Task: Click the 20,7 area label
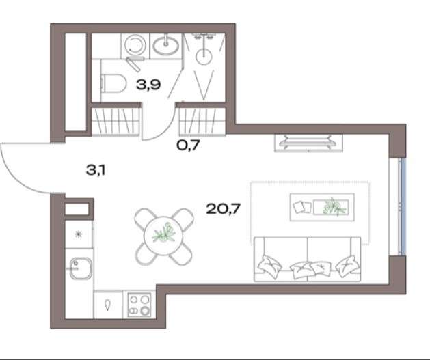pos(223,209)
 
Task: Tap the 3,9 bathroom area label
pos(148,85)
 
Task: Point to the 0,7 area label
pos(188,146)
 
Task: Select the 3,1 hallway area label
pos(96,170)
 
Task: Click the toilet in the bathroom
pos(113,83)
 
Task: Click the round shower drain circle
pos(204,57)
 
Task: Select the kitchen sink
pos(80,268)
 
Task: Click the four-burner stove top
pos(139,305)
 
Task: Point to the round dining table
pos(163,236)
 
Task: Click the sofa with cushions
pos(308,259)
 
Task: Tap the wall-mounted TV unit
pos(308,143)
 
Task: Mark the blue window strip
pos(403,207)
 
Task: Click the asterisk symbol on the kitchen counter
pos(79,234)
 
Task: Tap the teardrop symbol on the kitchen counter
pos(108,305)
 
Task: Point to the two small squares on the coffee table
pos(301,207)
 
